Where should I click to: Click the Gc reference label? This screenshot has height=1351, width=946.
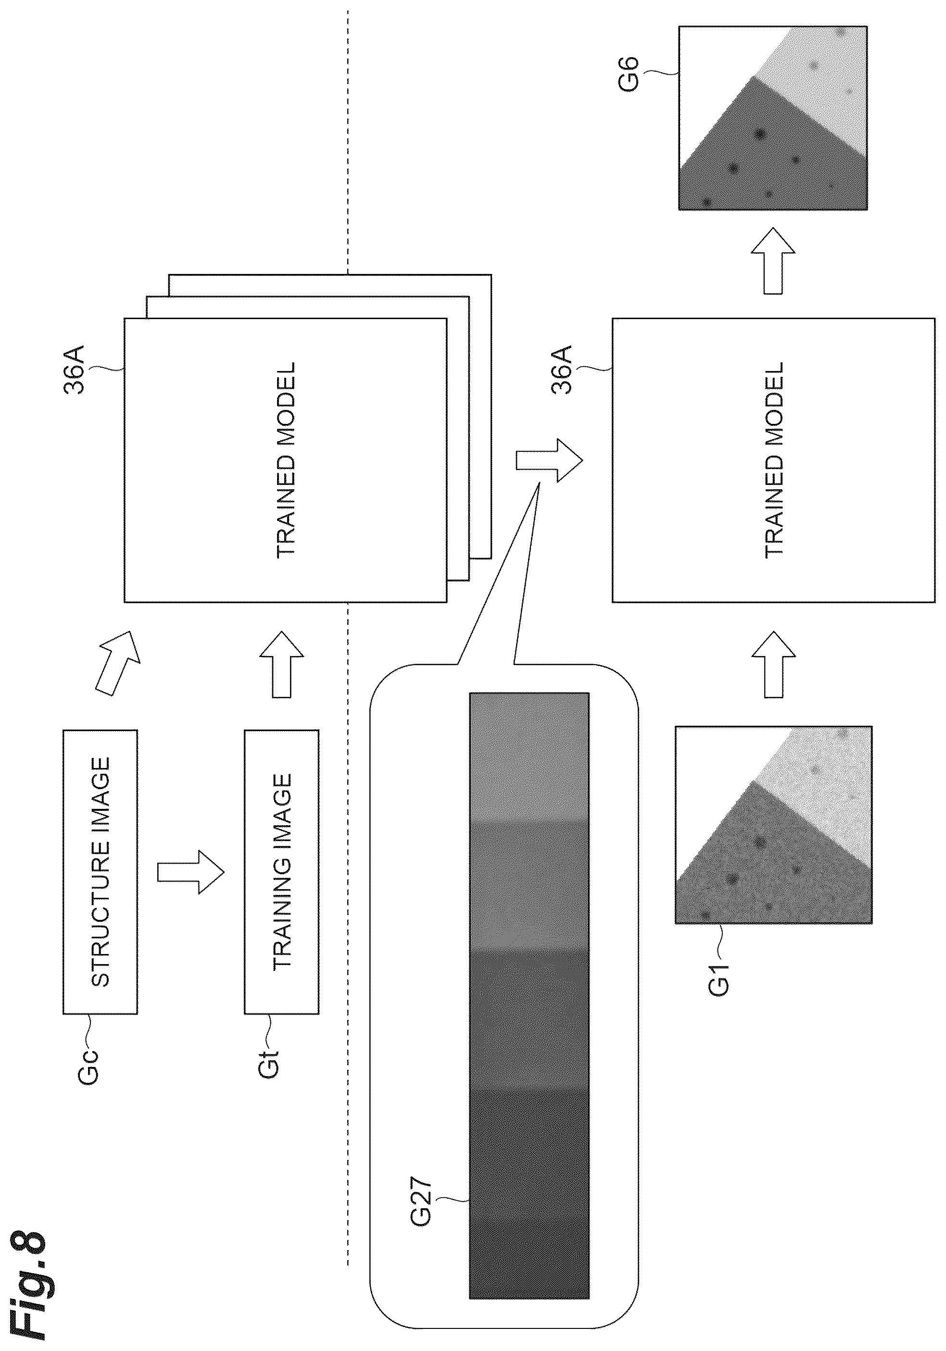[88, 1065]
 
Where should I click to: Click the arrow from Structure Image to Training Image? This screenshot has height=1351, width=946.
[191, 872]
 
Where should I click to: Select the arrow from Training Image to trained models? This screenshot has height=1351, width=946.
[281, 665]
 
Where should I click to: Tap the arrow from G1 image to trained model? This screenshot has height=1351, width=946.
[773, 665]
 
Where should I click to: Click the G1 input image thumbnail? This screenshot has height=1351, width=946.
[773, 824]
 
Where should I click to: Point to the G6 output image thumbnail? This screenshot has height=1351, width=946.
[773, 118]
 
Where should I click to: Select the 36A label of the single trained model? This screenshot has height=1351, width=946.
[562, 370]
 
